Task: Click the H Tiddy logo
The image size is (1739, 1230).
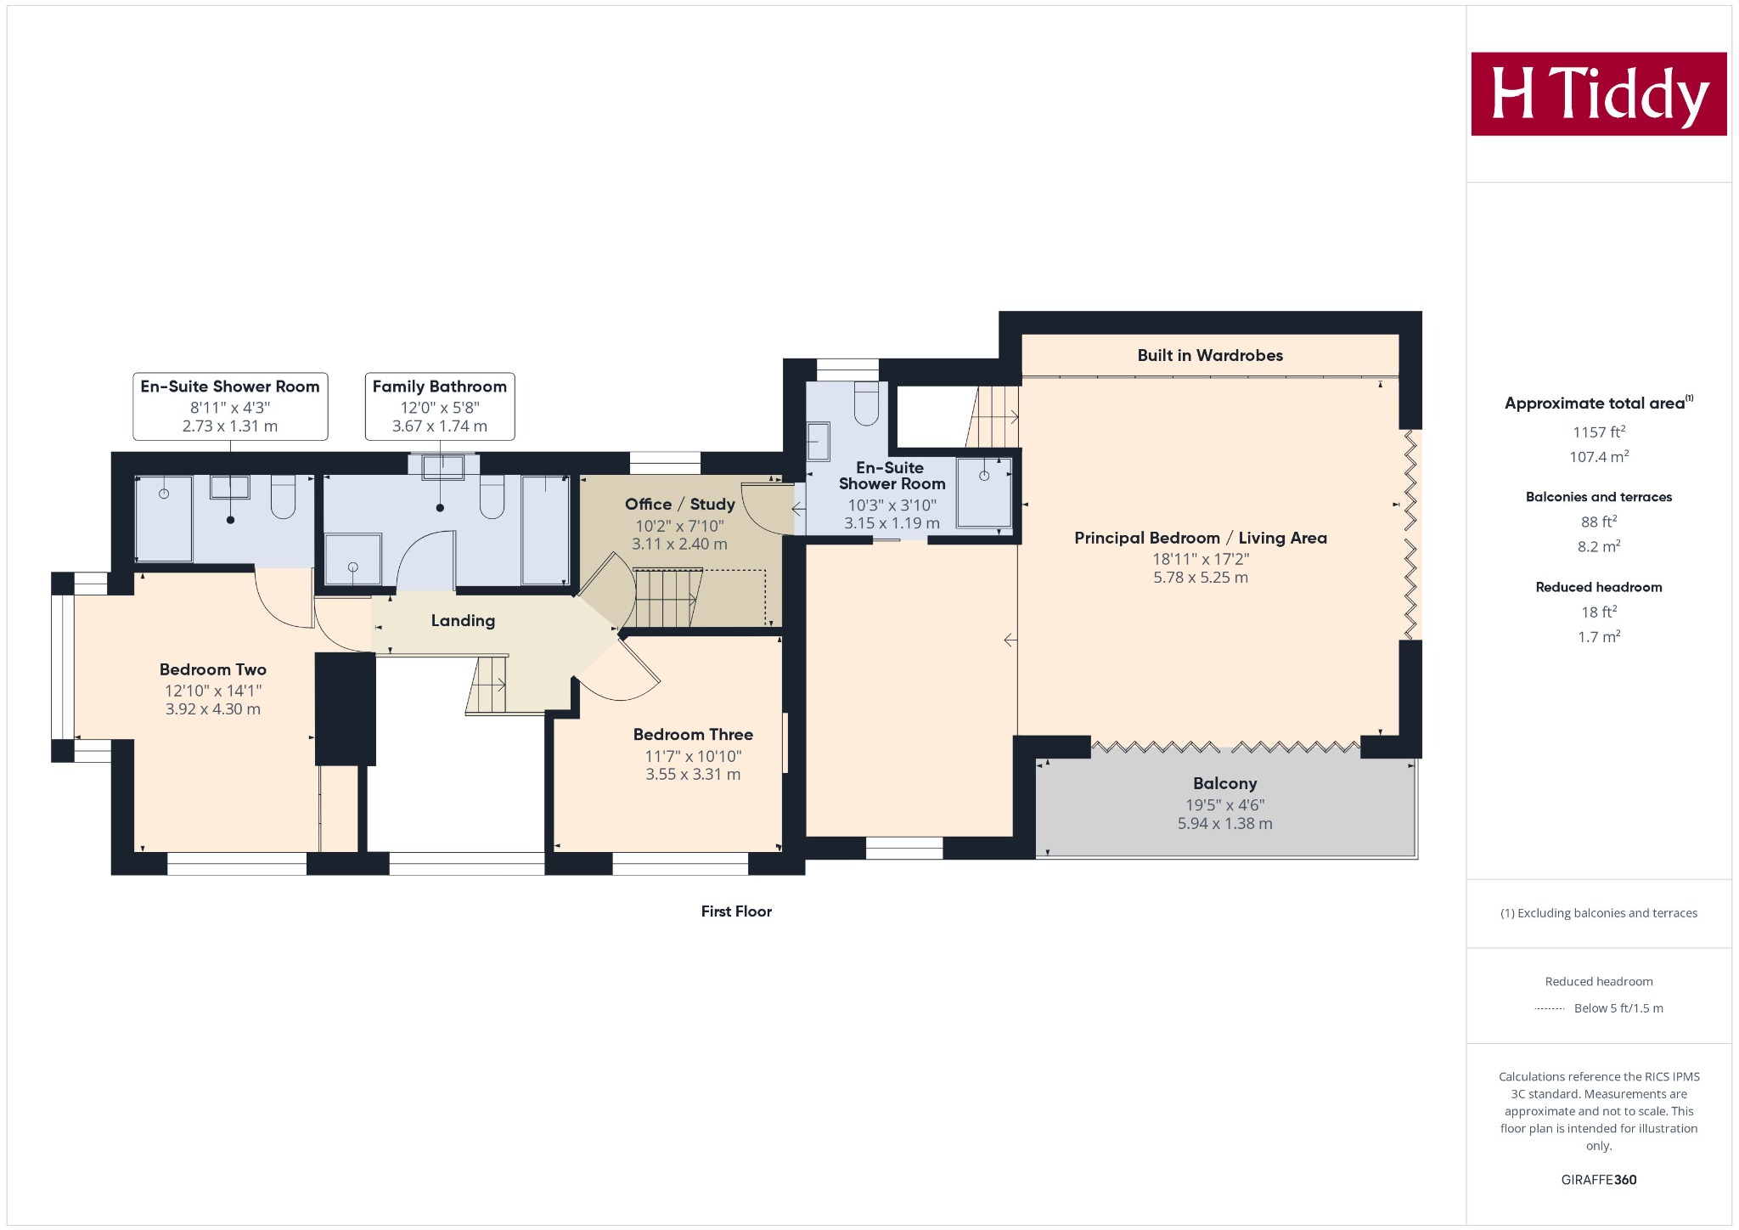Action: pyautogui.click(x=1599, y=93)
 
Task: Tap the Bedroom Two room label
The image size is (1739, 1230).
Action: pyautogui.click(x=213, y=669)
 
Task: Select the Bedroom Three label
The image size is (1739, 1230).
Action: pyautogui.click(x=693, y=735)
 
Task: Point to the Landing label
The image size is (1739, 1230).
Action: pyautogui.click(x=463, y=621)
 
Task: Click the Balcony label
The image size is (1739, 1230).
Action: pyautogui.click(x=1224, y=784)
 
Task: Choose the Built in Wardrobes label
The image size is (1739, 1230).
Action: pyautogui.click(x=1210, y=356)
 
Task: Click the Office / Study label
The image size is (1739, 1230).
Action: pyautogui.click(x=680, y=505)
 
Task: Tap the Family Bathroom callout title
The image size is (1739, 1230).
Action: pyautogui.click(x=440, y=386)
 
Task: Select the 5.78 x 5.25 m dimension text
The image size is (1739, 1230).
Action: pyautogui.click(x=1201, y=578)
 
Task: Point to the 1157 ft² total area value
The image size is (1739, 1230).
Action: pyautogui.click(x=1599, y=432)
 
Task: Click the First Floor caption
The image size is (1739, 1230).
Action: pyautogui.click(x=736, y=911)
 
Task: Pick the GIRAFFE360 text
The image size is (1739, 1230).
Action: pyautogui.click(x=1599, y=1180)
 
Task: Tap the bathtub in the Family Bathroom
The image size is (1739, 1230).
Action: pyautogui.click(x=545, y=530)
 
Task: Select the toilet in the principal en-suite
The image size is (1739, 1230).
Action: pyautogui.click(x=866, y=403)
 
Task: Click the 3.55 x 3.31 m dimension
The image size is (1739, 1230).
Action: pyautogui.click(x=693, y=775)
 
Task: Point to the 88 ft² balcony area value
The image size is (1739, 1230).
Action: pyautogui.click(x=1599, y=522)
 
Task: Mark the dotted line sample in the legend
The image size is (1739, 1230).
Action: pyautogui.click(x=1550, y=1009)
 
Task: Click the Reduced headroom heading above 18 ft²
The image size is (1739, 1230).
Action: pyautogui.click(x=1599, y=587)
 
